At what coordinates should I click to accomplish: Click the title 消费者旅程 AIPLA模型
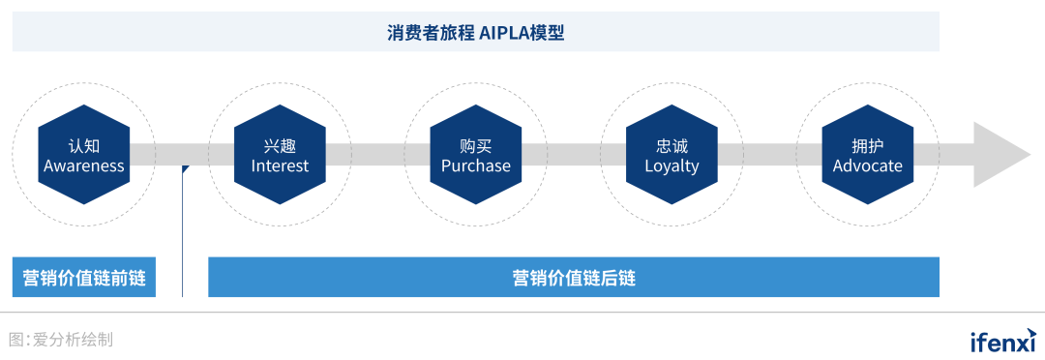475,32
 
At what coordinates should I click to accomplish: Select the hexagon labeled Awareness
84,155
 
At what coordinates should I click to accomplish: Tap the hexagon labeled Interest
280,155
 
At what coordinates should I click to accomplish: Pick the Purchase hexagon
475,155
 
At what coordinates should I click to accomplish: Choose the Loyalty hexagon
672,155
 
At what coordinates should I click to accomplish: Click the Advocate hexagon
867,155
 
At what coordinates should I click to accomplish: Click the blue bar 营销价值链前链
84,278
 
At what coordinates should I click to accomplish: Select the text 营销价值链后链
574,278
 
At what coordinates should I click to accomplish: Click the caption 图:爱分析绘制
61,340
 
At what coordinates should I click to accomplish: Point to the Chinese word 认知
84,145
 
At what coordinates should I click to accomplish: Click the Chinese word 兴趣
280,145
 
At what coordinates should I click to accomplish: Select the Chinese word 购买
475,145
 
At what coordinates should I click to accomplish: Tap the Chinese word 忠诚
672,145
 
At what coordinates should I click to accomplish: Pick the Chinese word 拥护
867,145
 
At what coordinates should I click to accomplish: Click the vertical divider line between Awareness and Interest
183,242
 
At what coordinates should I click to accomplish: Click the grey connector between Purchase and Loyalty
573,155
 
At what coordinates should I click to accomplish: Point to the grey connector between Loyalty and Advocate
769,155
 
